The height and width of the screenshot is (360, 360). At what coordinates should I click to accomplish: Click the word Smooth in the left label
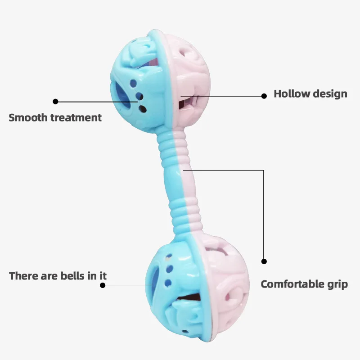(28, 118)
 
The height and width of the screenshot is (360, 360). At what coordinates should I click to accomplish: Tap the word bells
(73, 276)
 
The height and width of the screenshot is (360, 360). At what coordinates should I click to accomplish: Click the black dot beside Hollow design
(265, 95)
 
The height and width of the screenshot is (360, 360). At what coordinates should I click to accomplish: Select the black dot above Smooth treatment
(55, 101)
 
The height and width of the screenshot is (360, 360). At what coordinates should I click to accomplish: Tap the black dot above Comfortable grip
(264, 261)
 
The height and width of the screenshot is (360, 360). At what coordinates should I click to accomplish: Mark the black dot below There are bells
(103, 285)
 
